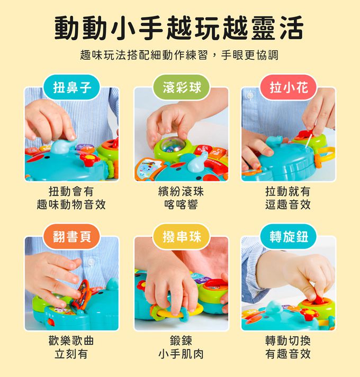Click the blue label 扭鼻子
coord(72,88)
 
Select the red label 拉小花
coord(289,88)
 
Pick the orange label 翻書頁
coord(72,236)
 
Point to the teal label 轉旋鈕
coord(289,236)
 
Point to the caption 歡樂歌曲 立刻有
coord(71,347)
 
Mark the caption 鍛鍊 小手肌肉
coord(181,347)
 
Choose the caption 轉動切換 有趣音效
coord(288,347)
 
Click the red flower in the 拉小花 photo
coord(305,135)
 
